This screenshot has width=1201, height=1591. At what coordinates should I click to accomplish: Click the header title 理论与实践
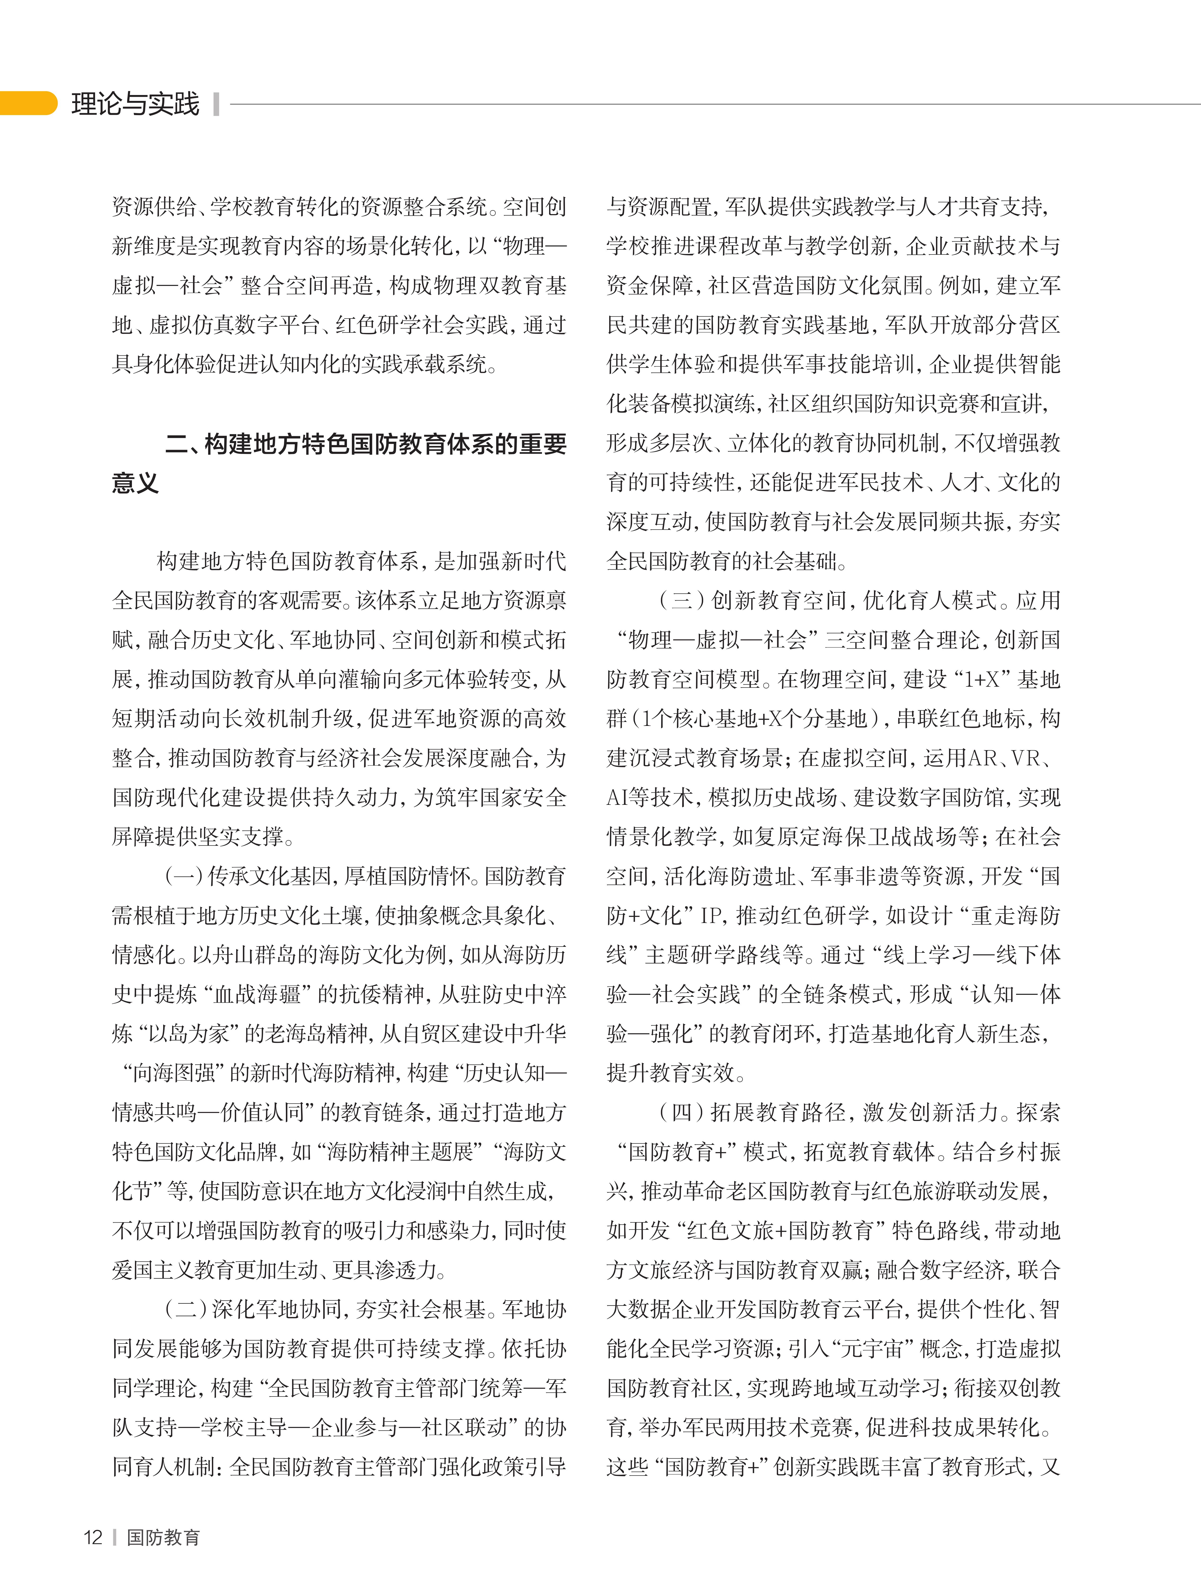click(x=135, y=104)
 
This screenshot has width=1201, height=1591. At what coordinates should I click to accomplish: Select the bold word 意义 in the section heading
click(x=135, y=483)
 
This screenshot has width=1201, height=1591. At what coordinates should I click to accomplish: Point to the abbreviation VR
click(x=1025, y=758)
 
